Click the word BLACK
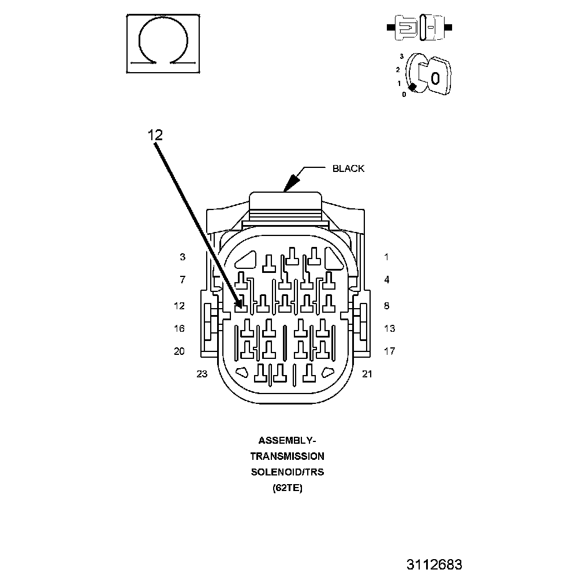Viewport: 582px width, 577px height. [348, 168]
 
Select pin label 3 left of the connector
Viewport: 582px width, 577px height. [182, 257]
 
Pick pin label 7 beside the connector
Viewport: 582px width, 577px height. [182, 280]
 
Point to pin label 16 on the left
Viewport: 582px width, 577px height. [180, 328]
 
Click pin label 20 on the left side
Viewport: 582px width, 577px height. [180, 351]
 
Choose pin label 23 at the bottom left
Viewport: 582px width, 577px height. [202, 374]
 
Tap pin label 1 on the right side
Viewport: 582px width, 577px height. [387, 257]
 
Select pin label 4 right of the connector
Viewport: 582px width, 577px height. [387, 280]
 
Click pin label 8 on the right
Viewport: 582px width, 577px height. [387, 306]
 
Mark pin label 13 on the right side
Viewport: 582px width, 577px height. [390, 328]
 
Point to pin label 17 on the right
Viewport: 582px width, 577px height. [390, 351]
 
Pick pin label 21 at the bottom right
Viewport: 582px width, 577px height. [367, 374]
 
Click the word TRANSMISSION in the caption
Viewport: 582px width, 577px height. [287, 456]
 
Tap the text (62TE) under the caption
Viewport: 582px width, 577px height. [287, 488]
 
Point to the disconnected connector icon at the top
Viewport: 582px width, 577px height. [420, 27]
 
